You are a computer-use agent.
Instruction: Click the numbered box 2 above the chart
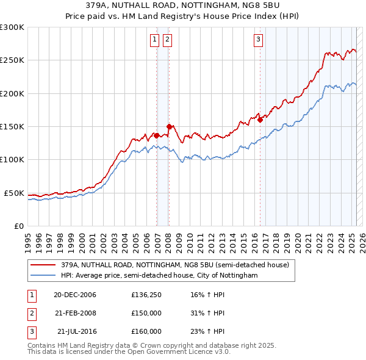point(167,40)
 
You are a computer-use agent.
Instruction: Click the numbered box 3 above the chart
point(258,40)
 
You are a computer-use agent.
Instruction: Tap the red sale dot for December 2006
point(157,135)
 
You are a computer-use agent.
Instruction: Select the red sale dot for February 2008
point(169,126)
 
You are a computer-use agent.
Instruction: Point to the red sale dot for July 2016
point(260,120)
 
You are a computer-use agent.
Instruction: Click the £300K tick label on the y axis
point(12,27)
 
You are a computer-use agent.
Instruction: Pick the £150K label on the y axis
point(12,127)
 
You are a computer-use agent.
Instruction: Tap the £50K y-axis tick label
point(14,193)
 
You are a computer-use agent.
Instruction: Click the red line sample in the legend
point(43,265)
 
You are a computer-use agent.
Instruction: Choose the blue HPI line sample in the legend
point(43,276)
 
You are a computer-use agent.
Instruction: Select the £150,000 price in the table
point(146,313)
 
